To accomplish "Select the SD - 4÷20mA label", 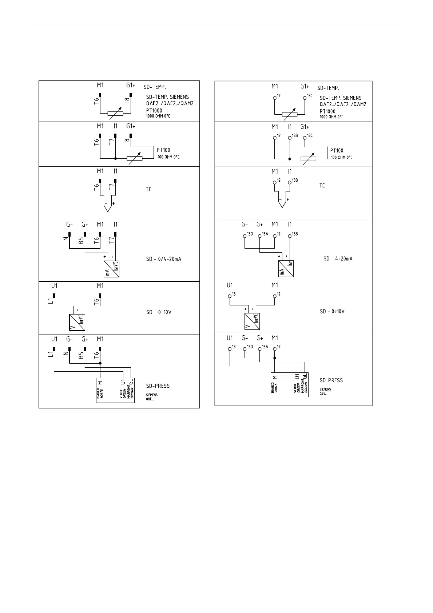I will tap(338, 259).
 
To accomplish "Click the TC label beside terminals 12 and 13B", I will tap(322, 186).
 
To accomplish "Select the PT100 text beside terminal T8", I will tap(163, 150).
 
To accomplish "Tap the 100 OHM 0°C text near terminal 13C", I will tap(341, 158).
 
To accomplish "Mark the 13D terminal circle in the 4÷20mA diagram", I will tap(245, 236).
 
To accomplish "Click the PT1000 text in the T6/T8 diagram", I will tap(154, 111).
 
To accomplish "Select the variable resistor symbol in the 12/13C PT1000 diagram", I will tap(290, 114).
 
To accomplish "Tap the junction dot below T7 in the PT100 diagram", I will tap(115, 158).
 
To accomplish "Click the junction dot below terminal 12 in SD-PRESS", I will tap(275, 358).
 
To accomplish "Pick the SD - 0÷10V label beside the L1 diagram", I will tap(159, 312).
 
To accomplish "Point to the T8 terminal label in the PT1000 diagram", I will tap(127, 101).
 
